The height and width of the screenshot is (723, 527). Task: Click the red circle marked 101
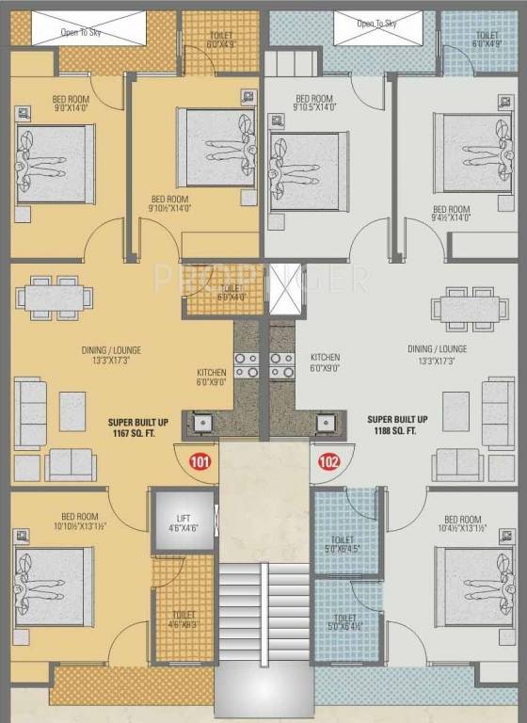click(200, 461)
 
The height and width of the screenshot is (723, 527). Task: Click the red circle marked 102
click(327, 461)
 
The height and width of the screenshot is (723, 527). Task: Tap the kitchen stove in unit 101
click(246, 365)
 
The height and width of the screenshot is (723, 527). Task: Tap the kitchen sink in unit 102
click(326, 423)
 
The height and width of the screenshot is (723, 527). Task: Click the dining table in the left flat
click(55, 297)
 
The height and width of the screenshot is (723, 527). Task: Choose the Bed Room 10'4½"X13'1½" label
click(462, 525)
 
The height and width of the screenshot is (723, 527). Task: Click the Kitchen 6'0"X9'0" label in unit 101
click(212, 377)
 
